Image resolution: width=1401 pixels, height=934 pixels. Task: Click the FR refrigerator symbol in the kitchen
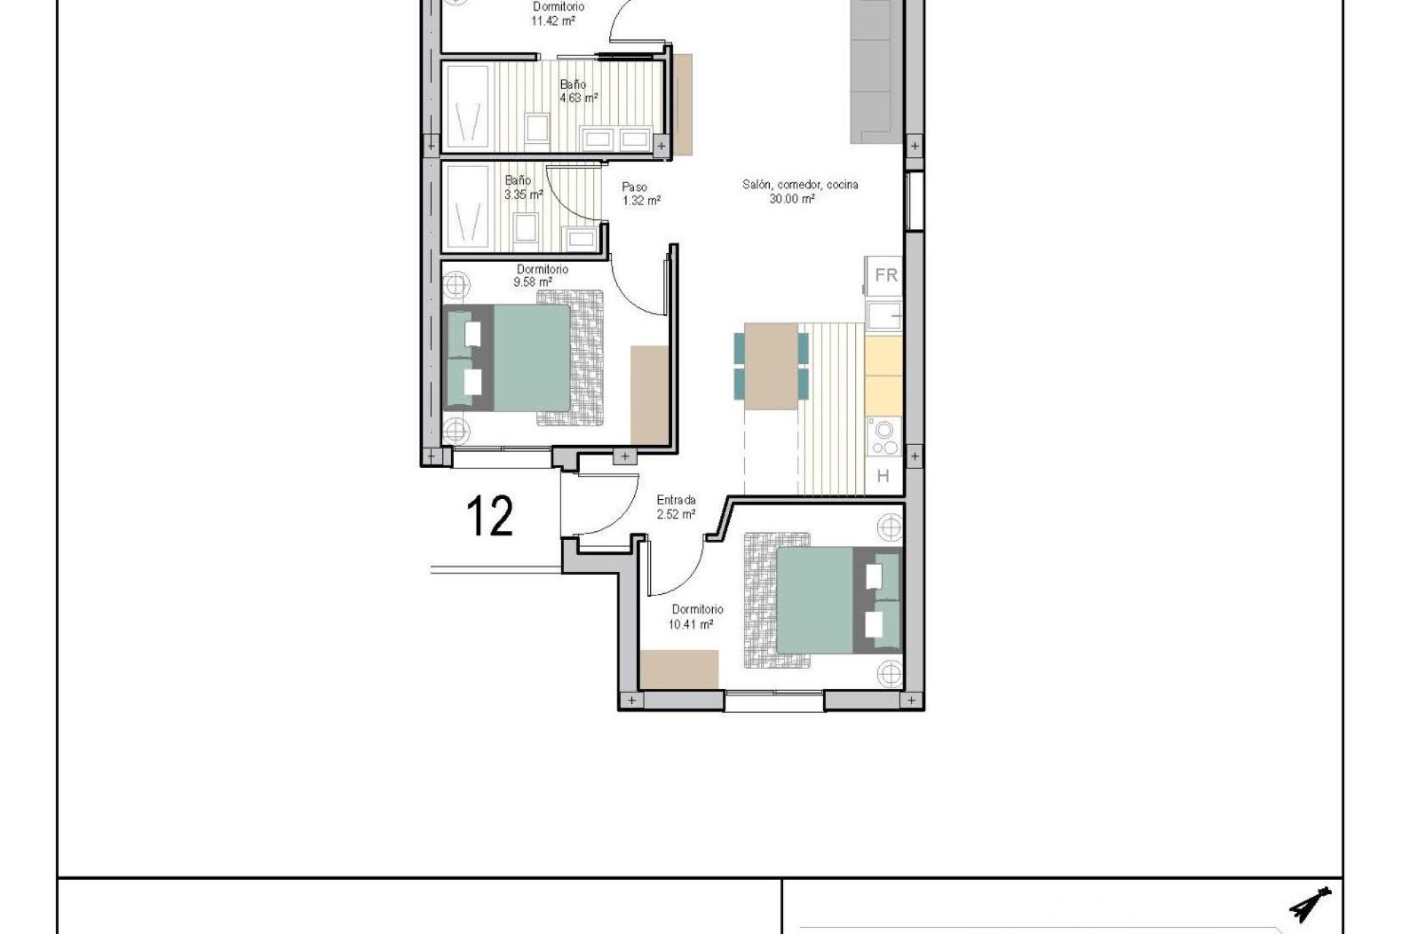tap(884, 276)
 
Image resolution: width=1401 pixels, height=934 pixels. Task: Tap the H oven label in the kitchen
tap(883, 476)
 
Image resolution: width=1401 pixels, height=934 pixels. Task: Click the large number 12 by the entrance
tap(490, 516)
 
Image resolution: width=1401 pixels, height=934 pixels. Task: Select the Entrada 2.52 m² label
tap(676, 507)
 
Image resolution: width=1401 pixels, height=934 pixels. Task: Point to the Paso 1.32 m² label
tap(641, 194)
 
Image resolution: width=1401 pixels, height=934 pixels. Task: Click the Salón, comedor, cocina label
tap(800, 191)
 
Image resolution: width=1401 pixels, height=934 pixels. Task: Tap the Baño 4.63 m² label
tap(579, 91)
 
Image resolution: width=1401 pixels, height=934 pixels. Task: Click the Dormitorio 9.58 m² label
tap(541, 275)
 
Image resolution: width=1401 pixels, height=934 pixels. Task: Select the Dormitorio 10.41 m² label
tap(696, 617)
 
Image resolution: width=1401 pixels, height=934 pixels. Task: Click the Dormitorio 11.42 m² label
tap(557, 14)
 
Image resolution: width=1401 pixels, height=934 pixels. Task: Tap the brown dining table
tap(771, 366)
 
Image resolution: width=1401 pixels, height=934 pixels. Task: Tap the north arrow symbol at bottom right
tap(1311, 905)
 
